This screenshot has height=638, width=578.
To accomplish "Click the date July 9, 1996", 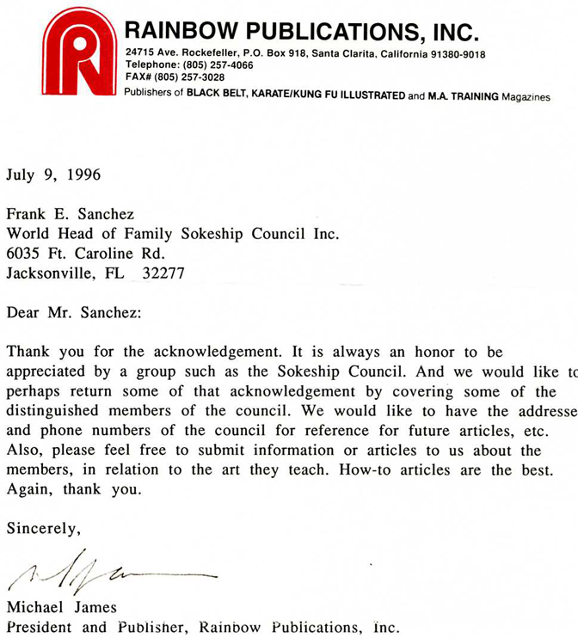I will [53, 175].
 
